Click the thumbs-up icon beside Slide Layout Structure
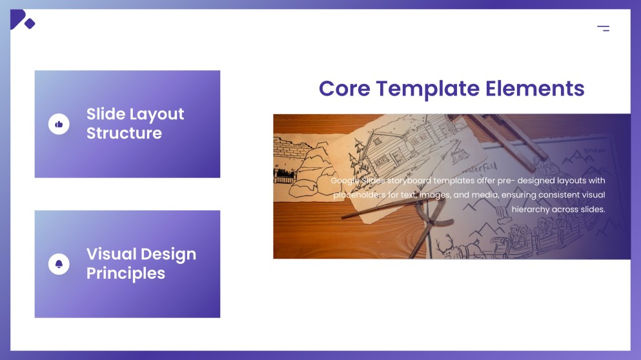pos(59,124)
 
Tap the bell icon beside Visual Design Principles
pos(59,264)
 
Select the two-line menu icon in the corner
pos(603,28)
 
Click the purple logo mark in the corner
pos(21,20)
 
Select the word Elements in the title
pos(535,88)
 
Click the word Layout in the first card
pos(157,114)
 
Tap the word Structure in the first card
pos(124,134)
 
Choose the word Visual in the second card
pos(111,254)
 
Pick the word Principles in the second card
pos(126,274)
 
